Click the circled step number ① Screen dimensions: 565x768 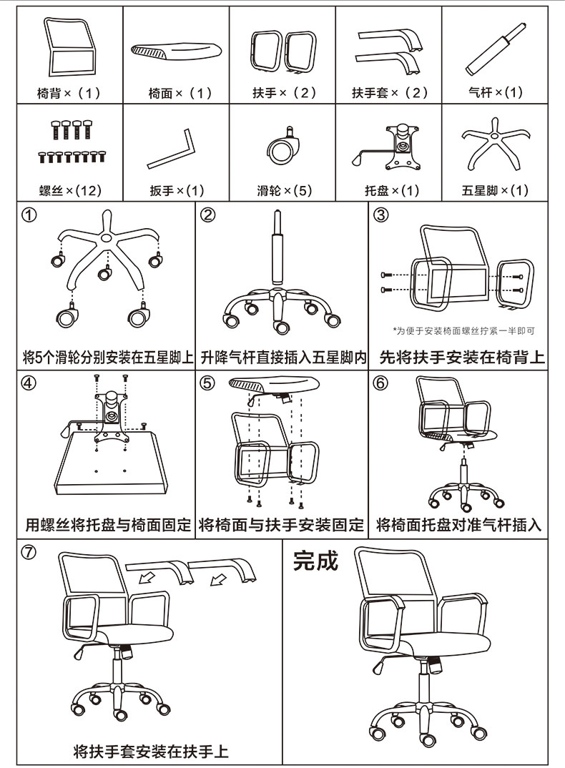click(29, 215)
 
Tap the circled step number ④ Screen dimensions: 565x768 click(29, 383)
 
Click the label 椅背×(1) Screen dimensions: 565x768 click(69, 93)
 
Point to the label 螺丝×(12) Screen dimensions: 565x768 click(69, 190)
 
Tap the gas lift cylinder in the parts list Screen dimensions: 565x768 click(494, 49)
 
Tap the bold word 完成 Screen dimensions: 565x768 click(315, 560)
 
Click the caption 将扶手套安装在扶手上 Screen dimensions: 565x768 click(151, 752)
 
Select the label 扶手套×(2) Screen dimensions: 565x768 click(389, 93)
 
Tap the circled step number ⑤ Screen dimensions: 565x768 click(207, 383)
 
